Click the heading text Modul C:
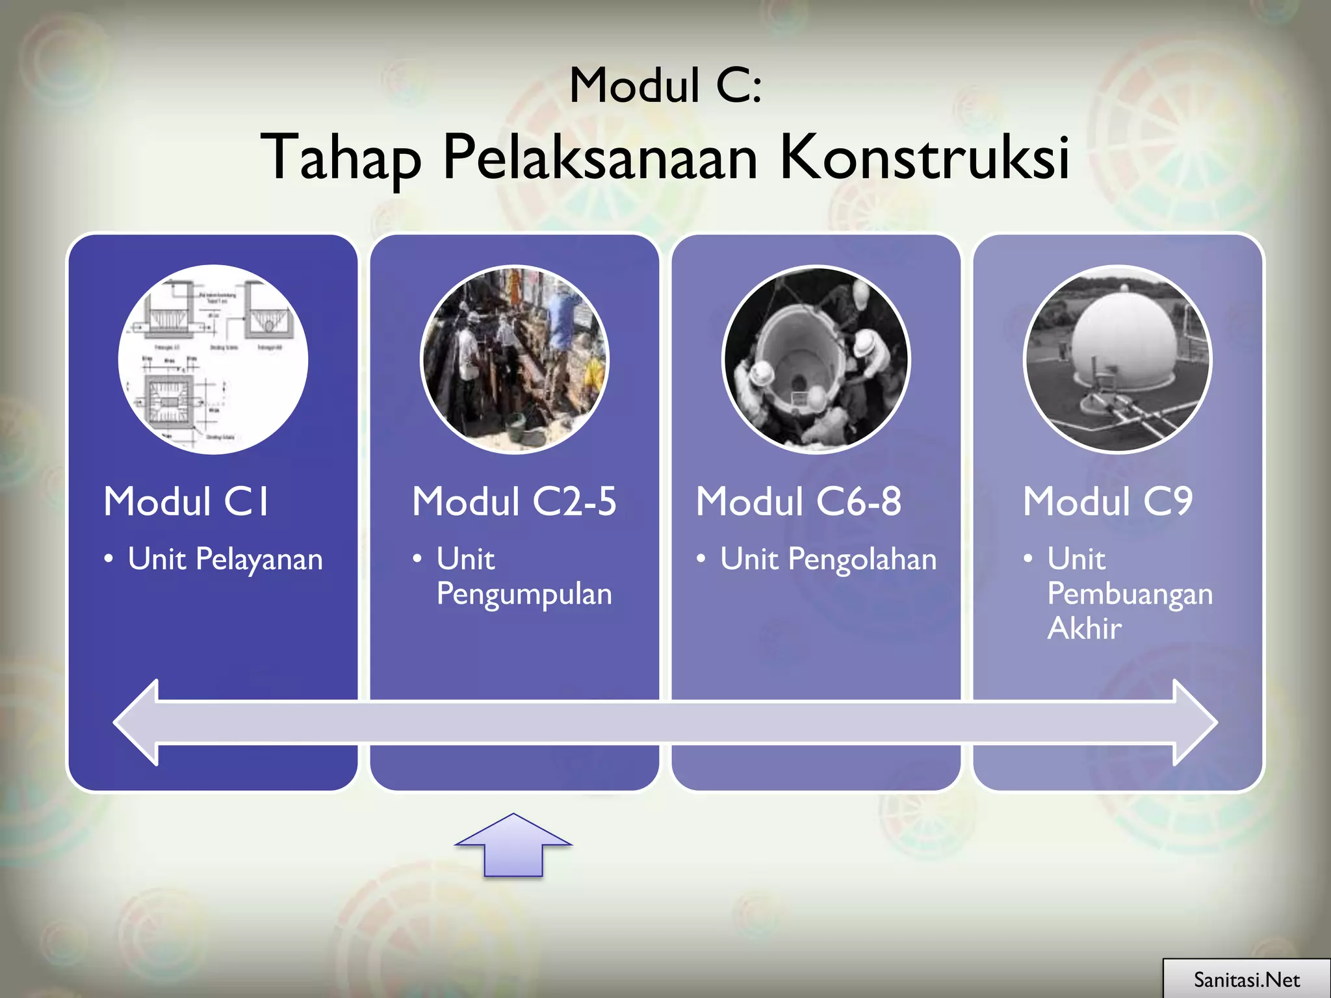pyautogui.click(x=665, y=86)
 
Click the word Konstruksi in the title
pyautogui.click(x=924, y=157)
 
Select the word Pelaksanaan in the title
pyautogui.click(x=600, y=157)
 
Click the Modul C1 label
pyautogui.click(x=186, y=502)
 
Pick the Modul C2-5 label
pyautogui.click(x=514, y=502)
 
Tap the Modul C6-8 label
pyautogui.click(x=799, y=502)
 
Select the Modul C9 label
pyautogui.click(x=1107, y=502)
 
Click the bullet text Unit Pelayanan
pyautogui.click(x=225, y=559)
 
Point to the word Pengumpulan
pyautogui.click(x=524, y=594)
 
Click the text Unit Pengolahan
pyautogui.click(x=828, y=559)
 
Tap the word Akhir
pyautogui.click(x=1084, y=628)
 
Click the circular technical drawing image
pyautogui.click(x=213, y=359)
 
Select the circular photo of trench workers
pyautogui.click(x=514, y=359)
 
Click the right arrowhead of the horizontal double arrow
pyautogui.click(x=1195, y=722)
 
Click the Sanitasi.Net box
pyautogui.click(x=1246, y=979)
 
